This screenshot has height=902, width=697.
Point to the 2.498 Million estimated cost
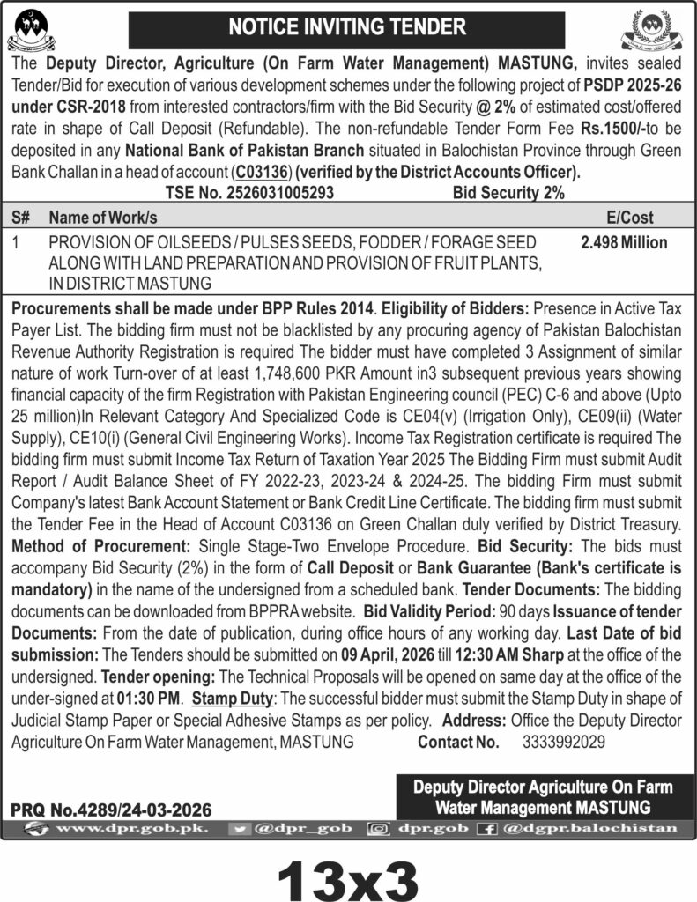(x=624, y=242)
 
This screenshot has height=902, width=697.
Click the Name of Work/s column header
(x=103, y=217)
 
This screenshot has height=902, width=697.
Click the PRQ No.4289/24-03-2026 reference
(x=111, y=808)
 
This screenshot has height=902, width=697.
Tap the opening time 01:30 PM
(x=149, y=699)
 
